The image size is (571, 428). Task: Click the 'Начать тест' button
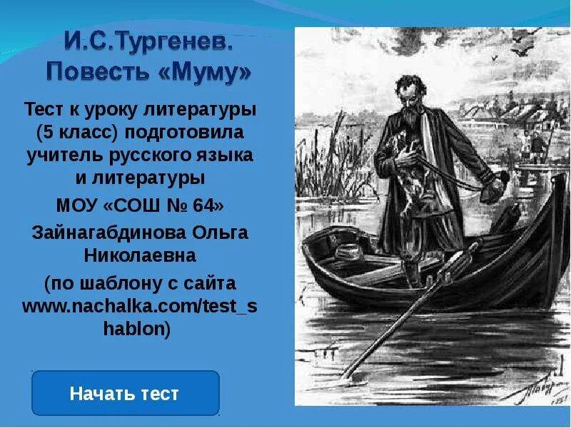pyautogui.click(x=125, y=393)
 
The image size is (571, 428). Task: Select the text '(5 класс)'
pyautogui.click(x=78, y=133)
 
